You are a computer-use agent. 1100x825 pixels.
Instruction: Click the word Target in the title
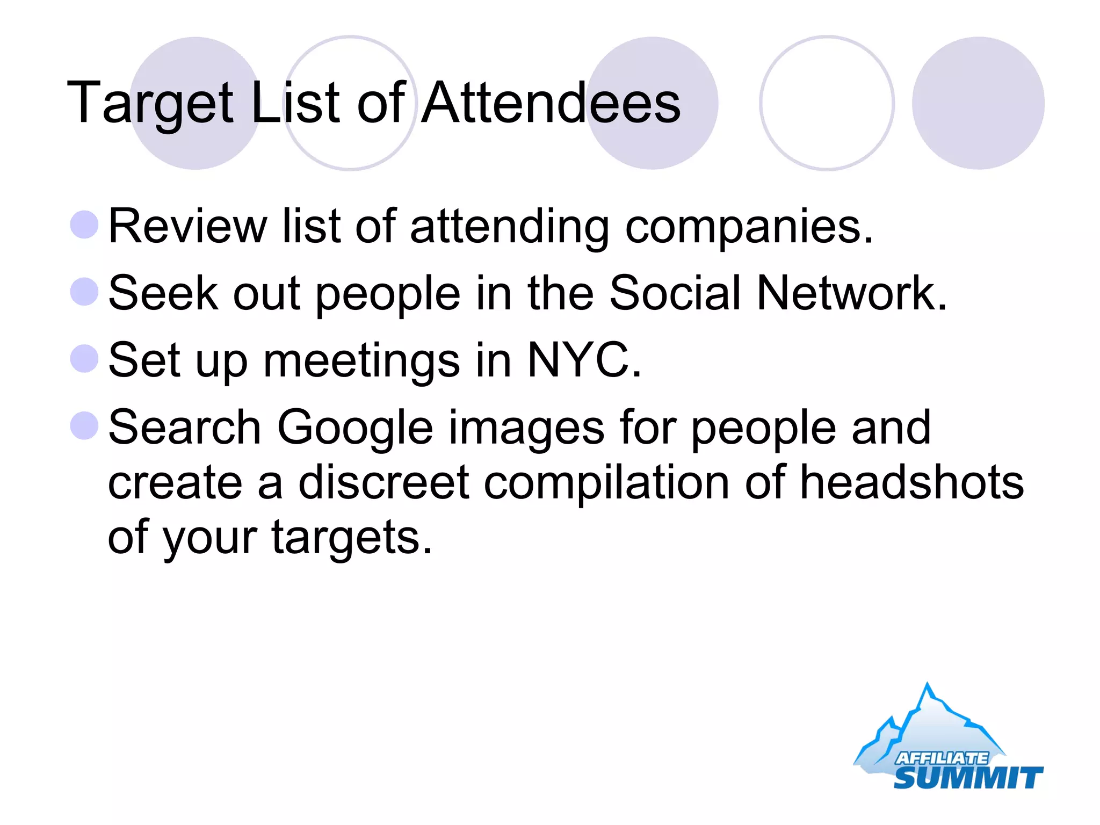tap(150, 103)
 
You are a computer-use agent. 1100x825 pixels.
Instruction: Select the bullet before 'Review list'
tap(84, 225)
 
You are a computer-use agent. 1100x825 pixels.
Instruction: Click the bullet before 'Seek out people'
tap(84, 292)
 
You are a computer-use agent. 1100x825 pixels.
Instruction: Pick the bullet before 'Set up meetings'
tap(84, 359)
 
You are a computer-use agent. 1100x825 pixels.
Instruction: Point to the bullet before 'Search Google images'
tap(84, 426)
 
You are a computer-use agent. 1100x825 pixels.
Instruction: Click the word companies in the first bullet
tap(749, 227)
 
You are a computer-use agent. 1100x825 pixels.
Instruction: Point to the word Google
tap(355, 428)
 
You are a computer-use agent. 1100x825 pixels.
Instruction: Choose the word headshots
tap(911, 482)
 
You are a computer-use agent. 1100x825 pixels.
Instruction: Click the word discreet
tap(383, 482)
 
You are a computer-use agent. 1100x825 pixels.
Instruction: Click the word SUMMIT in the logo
tap(967, 777)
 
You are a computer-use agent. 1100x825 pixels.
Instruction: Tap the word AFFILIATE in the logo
tap(941, 758)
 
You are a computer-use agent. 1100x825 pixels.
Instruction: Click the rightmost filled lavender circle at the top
tap(978, 103)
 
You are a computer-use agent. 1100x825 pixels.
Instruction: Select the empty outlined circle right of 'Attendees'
tap(827, 103)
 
